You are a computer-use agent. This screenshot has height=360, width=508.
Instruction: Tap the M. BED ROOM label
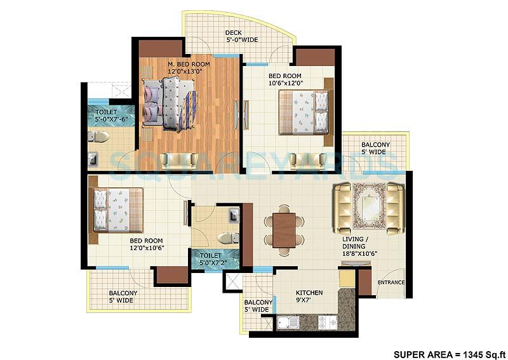[x=189, y=63]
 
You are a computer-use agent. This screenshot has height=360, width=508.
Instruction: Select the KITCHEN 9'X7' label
[x=309, y=297]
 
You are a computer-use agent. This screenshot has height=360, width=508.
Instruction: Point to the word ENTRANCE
[x=391, y=283]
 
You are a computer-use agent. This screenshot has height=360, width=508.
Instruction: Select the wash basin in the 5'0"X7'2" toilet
[x=234, y=217]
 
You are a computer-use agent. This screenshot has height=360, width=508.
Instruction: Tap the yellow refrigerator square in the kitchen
[x=347, y=278]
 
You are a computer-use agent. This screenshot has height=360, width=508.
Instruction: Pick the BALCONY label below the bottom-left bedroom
[x=121, y=297]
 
